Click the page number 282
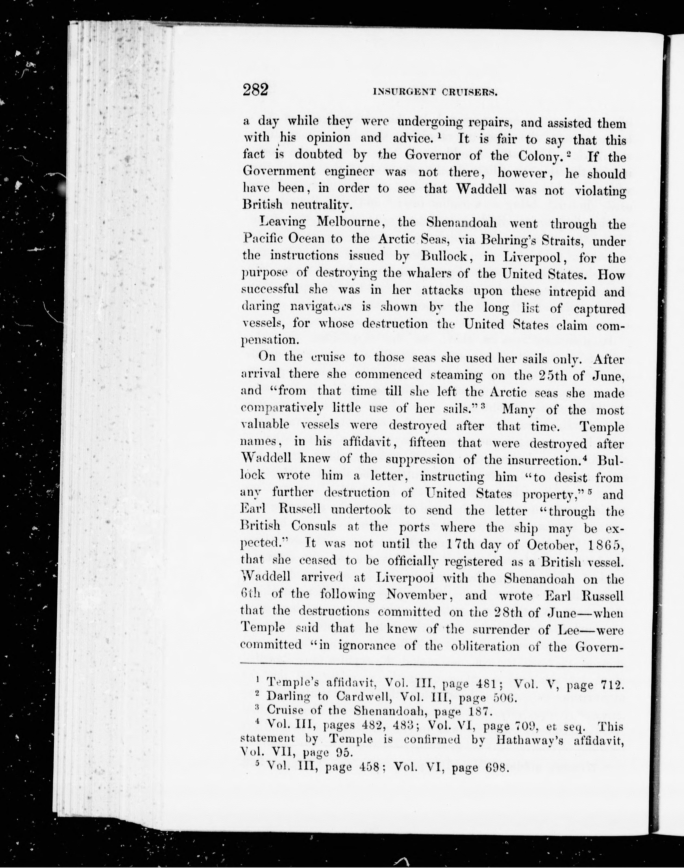[255, 90]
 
